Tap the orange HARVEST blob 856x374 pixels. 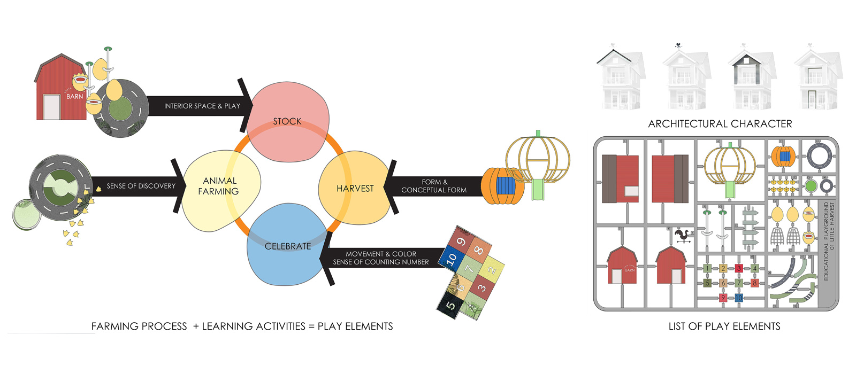(x=355, y=188)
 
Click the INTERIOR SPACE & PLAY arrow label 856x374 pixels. (x=202, y=106)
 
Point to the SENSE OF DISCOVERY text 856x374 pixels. (x=141, y=186)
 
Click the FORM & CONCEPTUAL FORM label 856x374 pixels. (x=434, y=186)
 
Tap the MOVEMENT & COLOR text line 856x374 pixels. (x=380, y=254)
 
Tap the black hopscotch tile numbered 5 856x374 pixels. (x=450, y=306)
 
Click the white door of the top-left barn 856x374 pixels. (x=51, y=107)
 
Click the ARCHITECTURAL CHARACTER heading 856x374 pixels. (x=720, y=124)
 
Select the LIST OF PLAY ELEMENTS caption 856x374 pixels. (x=724, y=326)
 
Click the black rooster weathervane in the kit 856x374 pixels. (x=682, y=236)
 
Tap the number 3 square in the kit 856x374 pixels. (x=739, y=268)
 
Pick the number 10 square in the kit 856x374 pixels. (x=739, y=298)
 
